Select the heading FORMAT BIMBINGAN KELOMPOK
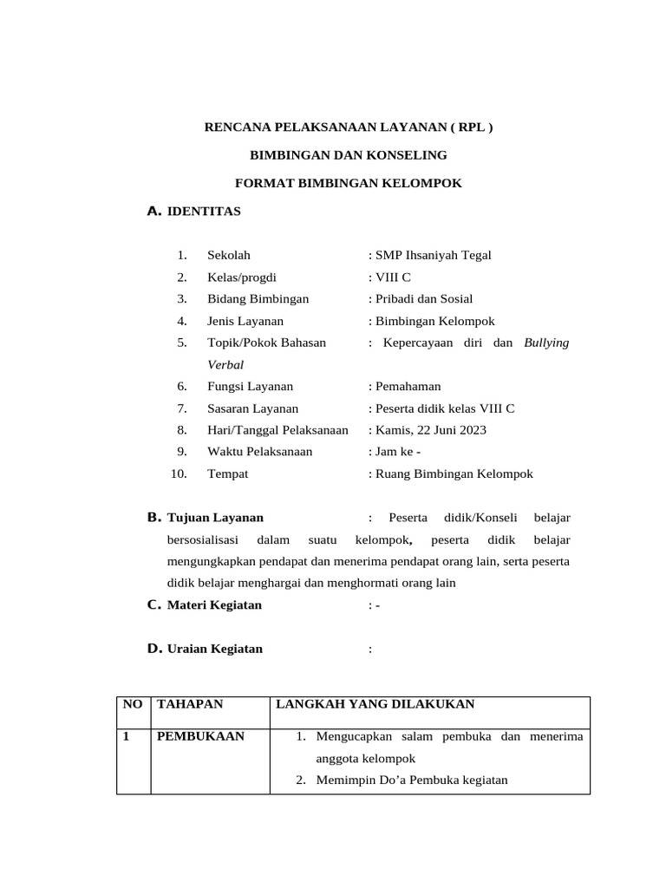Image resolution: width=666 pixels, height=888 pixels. click(x=349, y=183)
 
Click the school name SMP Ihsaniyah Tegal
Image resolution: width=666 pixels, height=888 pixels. click(x=432, y=255)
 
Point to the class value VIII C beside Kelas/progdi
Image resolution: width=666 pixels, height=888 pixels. click(x=392, y=277)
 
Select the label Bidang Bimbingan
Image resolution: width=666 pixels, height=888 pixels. click(x=258, y=299)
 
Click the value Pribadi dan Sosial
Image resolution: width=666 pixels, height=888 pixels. click(x=423, y=299)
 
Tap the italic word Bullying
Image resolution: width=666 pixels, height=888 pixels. click(x=546, y=343)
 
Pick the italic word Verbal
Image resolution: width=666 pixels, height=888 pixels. click(x=225, y=365)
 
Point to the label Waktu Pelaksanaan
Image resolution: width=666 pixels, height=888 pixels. click(x=260, y=452)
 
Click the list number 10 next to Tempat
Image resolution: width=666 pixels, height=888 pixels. click(x=179, y=474)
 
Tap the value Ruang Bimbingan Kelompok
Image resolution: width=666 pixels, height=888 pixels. click(x=453, y=474)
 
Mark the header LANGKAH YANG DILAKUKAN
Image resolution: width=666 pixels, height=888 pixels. click(x=375, y=704)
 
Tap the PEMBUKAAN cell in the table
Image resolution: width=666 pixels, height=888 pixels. click(x=200, y=737)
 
